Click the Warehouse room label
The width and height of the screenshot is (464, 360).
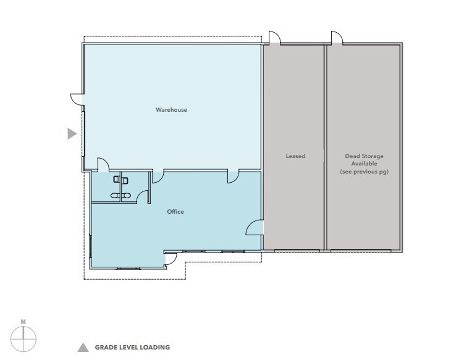point(171,110)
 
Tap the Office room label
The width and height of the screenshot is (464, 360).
point(175,212)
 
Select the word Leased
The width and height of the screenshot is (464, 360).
point(295,156)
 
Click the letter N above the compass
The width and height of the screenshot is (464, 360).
point(23,321)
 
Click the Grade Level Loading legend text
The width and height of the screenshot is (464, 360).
point(132,348)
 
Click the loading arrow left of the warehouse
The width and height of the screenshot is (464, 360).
point(72,133)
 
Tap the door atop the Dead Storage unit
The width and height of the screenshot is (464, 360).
point(337,38)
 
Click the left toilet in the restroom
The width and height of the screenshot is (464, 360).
point(116,180)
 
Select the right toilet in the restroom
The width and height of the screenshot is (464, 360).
point(125,180)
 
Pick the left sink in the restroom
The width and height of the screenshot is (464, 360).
point(115,195)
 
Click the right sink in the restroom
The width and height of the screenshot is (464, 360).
point(127,195)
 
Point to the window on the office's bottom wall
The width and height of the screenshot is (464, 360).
point(128,269)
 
